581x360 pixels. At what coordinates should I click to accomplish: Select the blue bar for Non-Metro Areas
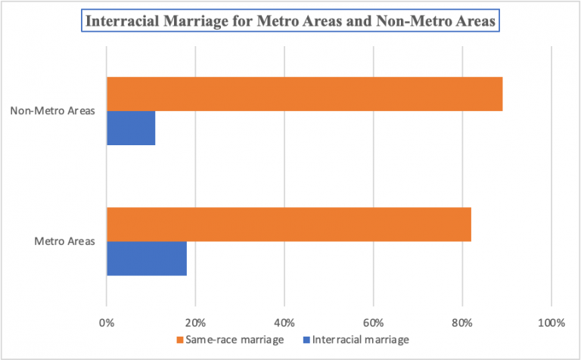(x=131, y=129)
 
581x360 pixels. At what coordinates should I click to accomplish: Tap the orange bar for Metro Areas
(x=288, y=224)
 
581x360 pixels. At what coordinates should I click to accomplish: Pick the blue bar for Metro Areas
(x=146, y=259)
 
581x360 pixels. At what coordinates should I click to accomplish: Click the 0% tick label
(x=107, y=323)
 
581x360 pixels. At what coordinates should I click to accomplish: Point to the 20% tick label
(x=195, y=323)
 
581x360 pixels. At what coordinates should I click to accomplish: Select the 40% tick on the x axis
(x=284, y=323)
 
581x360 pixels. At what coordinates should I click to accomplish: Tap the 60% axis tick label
(x=373, y=323)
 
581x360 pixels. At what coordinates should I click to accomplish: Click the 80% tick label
(x=461, y=323)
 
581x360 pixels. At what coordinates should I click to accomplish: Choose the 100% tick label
(x=551, y=323)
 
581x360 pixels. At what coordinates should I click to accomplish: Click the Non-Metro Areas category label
(x=52, y=111)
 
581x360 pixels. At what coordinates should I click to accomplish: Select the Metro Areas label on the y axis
(x=64, y=242)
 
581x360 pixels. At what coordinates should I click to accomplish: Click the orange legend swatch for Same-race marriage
(x=179, y=340)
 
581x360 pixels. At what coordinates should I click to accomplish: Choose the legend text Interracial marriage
(x=360, y=340)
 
